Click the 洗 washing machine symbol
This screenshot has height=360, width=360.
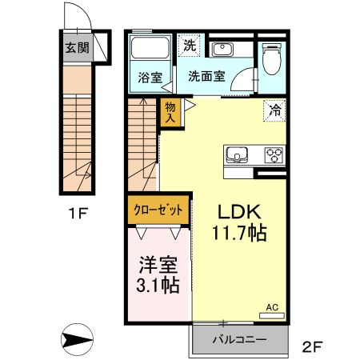pyautogui.click(x=189, y=45)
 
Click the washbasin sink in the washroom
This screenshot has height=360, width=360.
pyautogui.click(x=221, y=50)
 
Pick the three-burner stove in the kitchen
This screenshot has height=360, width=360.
pyautogui.click(x=274, y=154)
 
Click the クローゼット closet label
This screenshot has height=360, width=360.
pyautogui.click(x=157, y=210)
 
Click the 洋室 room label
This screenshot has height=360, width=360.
pyautogui.click(x=157, y=263)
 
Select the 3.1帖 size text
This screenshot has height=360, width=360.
pyautogui.click(x=157, y=285)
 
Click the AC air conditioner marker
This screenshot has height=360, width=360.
pyautogui.click(x=271, y=306)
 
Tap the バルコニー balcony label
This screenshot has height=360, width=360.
pyautogui.click(x=238, y=340)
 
